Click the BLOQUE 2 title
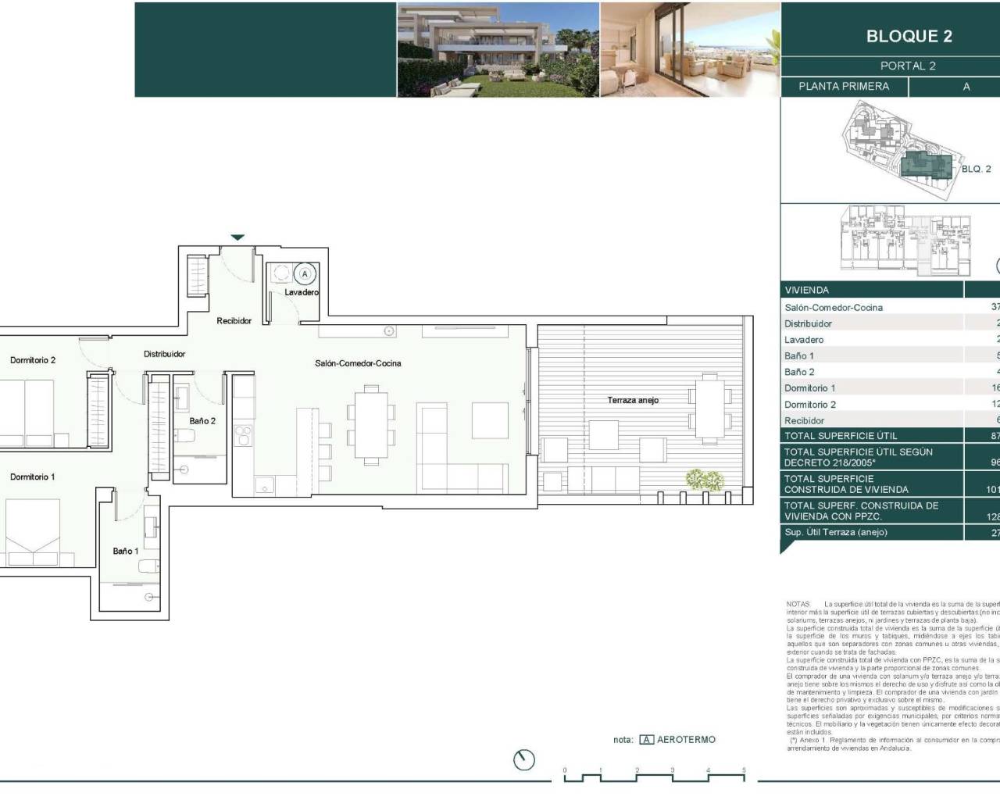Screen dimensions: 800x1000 (909, 36)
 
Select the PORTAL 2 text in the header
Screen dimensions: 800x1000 (908, 66)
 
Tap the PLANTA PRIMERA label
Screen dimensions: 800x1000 (844, 87)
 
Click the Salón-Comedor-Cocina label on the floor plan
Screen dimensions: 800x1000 (358, 363)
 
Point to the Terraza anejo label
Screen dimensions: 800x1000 (633, 400)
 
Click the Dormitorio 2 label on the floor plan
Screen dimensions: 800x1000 (33, 360)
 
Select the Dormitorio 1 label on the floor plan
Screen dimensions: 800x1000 (33, 477)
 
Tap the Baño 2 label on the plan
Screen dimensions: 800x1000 (202, 421)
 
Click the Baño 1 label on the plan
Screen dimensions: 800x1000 (126, 552)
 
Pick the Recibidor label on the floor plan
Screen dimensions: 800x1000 (234, 321)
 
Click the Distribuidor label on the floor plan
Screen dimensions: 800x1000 (165, 354)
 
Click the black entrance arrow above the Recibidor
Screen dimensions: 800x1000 (237, 237)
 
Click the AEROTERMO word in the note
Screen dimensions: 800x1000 (686, 740)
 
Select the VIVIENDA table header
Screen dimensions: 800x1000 (807, 290)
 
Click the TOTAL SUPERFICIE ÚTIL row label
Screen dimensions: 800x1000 (841, 436)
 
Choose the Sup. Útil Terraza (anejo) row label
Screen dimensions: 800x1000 (836, 532)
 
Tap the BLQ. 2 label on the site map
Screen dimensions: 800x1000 (976, 169)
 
